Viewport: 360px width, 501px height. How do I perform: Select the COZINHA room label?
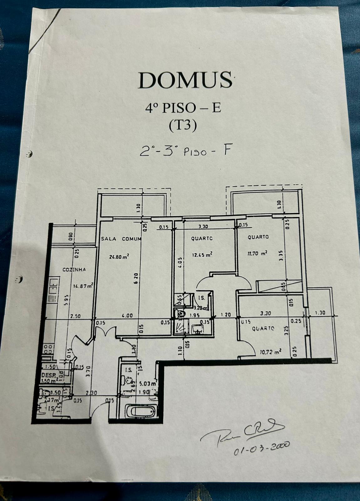click(x=74, y=269)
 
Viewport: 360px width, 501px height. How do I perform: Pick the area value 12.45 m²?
click(x=202, y=255)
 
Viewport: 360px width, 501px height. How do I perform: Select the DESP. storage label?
click(x=48, y=375)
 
